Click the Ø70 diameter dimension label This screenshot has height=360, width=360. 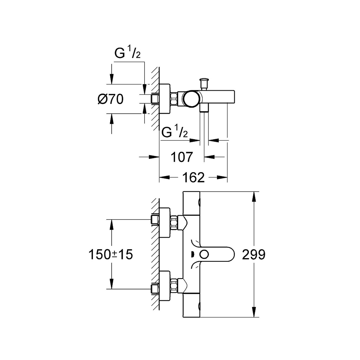click(111, 99)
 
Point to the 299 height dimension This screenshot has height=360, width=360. click(253, 255)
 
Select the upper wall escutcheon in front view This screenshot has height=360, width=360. click(165, 223)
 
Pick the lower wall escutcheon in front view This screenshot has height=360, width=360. click(165, 286)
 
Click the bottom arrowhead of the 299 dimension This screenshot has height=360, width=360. click(255, 312)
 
